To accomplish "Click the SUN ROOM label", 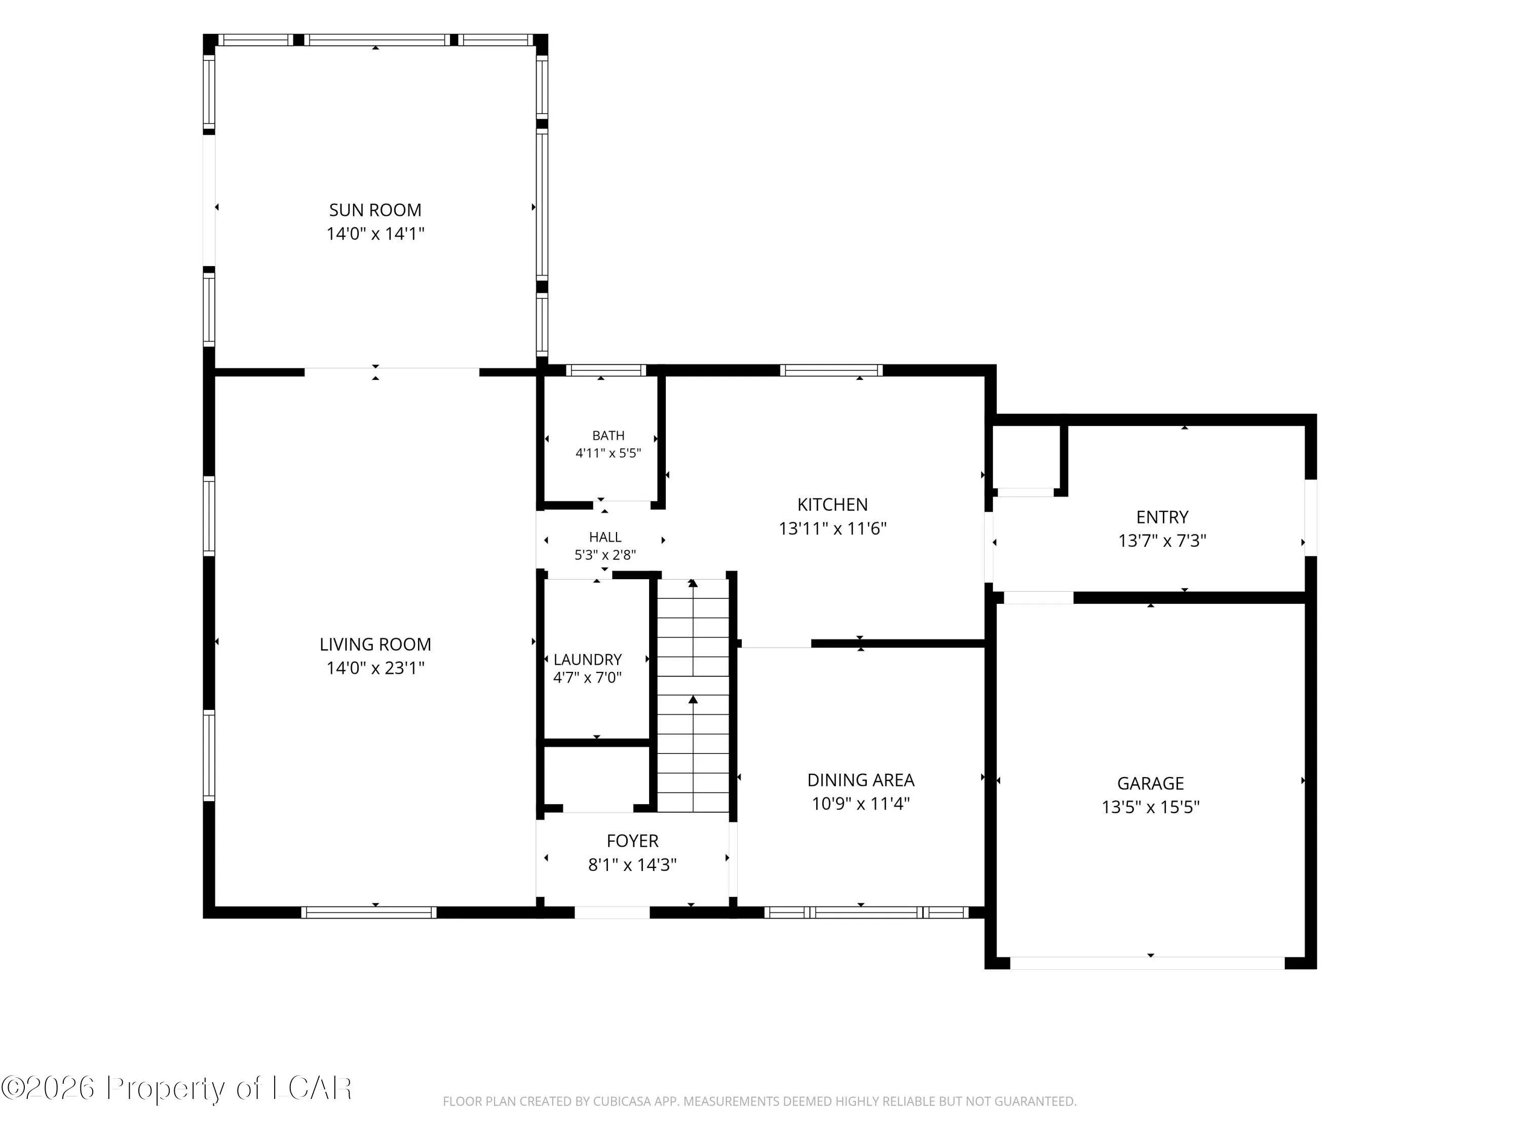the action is pyautogui.click(x=375, y=210).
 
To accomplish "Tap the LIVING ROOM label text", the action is pyautogui.click(x=375, y=644).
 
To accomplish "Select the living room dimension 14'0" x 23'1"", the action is pyautogui.click(x=375, y=668).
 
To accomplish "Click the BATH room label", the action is pyautogui.click(x=608, y=435).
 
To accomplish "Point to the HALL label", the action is pyautogui.click(x=604, y=537).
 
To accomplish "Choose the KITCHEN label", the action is pyautogui.click(x=832, y=504).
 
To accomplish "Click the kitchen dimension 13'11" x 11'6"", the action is pyautogui.click(x=832, y=528).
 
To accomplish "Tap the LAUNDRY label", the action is pyautogui.click(x=588, y=660).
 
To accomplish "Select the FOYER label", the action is pyautogui.click(x=632, y=841).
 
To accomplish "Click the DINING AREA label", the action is pyautogui.click(x=860, y=780).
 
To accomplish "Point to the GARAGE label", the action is pyautogui.click(x=1150, y=783).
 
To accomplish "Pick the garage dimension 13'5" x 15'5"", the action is pyautogui.click(x=1150, y=807).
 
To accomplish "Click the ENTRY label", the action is pyautogui.click(x=1162, y=517).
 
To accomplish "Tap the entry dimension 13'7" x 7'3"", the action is pyautogui.click(x=1162, y=541).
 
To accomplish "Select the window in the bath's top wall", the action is pyautogui.click(x=605, y=370).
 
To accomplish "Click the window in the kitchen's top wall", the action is pyautogui.click(x=831, y=370).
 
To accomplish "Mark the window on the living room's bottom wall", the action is pyautogui.click(x=368, y=913).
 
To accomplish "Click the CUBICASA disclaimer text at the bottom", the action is pyautogui.click(x=759, y=1101).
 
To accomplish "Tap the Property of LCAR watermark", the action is pyautogui.click(x=177, y=1088).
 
